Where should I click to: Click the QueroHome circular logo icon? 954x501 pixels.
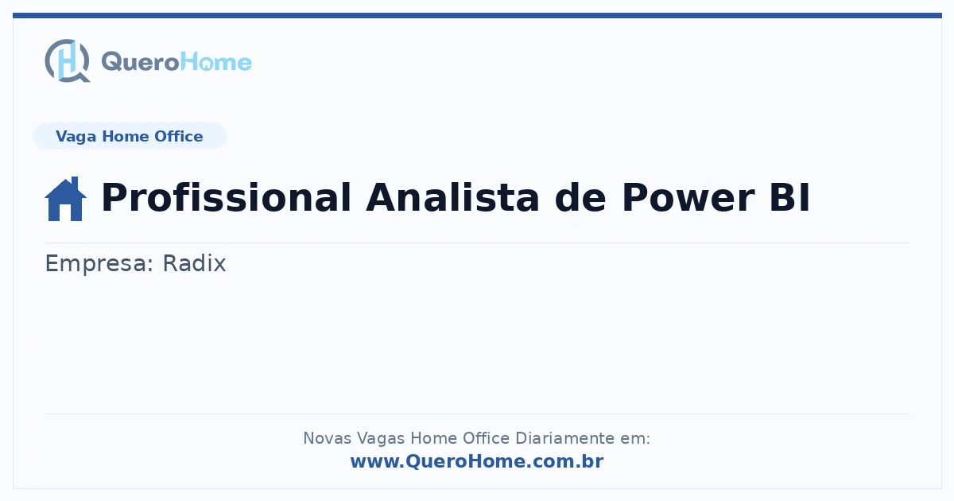[68, 60]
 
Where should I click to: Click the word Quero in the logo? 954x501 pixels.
[141, 62]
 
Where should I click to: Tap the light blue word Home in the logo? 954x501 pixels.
[216, 62]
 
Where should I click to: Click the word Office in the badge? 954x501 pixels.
[178, 136]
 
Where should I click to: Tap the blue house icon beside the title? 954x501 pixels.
[65, 199]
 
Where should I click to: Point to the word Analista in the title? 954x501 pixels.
[452, 197]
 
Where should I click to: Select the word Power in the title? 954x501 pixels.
[688, 197]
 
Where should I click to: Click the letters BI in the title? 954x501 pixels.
[789, 197]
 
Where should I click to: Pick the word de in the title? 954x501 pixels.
[580, 197]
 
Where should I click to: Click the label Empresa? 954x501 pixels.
[99, 263]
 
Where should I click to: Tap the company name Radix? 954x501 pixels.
[194, 263]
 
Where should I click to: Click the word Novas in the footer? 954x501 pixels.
[327, 438]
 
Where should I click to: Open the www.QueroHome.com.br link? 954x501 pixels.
[477, 461]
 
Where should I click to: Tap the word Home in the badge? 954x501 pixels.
[126, 136]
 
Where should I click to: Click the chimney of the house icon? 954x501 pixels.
[75, 183]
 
